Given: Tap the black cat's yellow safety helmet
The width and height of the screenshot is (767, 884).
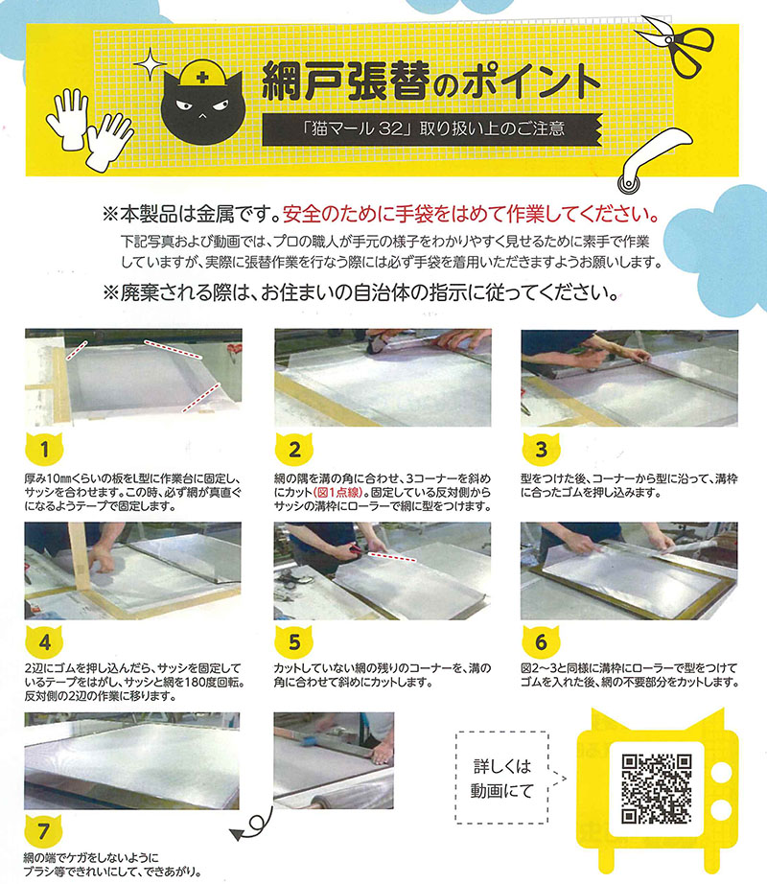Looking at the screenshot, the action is [201, 75].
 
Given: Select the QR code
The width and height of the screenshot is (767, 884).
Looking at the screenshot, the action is [657, 789].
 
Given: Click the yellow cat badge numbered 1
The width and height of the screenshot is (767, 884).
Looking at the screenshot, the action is [44, 449].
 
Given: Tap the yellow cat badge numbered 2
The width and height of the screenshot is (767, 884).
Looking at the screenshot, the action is [294, 449].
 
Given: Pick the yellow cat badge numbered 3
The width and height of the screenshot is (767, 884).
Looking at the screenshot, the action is [541, 449].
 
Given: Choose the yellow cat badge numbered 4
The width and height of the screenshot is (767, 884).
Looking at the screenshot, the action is [44, 641].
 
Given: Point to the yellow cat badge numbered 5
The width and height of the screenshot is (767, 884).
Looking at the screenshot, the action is [294, 641].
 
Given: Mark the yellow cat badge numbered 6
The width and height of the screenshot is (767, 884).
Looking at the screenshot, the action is [541, 641].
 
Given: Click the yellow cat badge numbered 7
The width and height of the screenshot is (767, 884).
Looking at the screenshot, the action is [43, 830].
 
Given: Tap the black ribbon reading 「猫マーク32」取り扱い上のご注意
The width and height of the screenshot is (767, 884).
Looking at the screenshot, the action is [432, 129].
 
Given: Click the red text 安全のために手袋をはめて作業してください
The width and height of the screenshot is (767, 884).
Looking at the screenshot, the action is [471, 214].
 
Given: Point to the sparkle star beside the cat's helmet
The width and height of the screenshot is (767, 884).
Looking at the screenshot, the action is [150, 63].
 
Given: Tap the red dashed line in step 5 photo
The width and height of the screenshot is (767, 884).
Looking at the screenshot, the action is [392, 556].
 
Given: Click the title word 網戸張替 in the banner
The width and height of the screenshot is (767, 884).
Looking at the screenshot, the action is [346, 81].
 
